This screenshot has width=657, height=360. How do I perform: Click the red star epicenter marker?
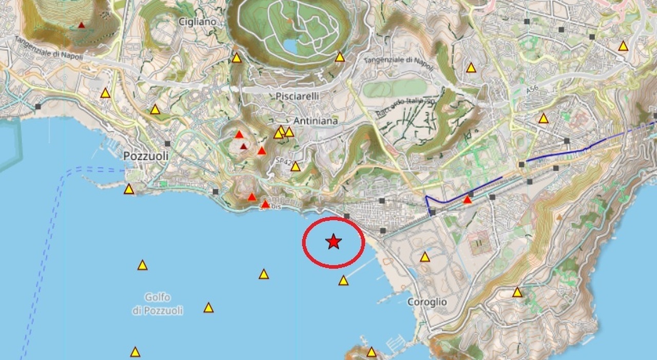point(334,241)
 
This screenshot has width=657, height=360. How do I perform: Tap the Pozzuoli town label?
point(146,156)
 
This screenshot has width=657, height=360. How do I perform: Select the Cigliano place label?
point(198,22)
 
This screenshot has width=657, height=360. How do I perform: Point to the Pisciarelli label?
point(297,96)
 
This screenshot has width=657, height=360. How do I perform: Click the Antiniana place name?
point(316,121)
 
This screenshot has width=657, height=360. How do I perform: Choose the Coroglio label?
point(427,302)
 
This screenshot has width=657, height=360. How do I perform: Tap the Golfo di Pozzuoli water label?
point(158,304)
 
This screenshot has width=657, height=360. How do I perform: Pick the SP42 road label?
point(283,161)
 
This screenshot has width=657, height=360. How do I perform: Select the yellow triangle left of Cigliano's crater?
point(237,58)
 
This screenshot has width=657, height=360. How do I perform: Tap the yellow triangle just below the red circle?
point(343,280)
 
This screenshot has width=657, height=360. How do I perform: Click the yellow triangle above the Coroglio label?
point(425,257)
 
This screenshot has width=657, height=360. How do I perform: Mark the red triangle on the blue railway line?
point(467,199)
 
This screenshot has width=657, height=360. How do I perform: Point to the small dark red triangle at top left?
point(81,25)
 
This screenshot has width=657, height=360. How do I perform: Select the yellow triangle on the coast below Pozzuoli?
point(129,190)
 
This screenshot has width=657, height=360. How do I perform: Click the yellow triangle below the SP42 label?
point(295,166)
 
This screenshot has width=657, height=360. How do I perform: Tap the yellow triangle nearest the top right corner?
point(623,46)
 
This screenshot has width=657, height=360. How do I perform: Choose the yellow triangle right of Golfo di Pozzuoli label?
point(208,308)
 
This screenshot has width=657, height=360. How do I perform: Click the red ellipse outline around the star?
point(303,241)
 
